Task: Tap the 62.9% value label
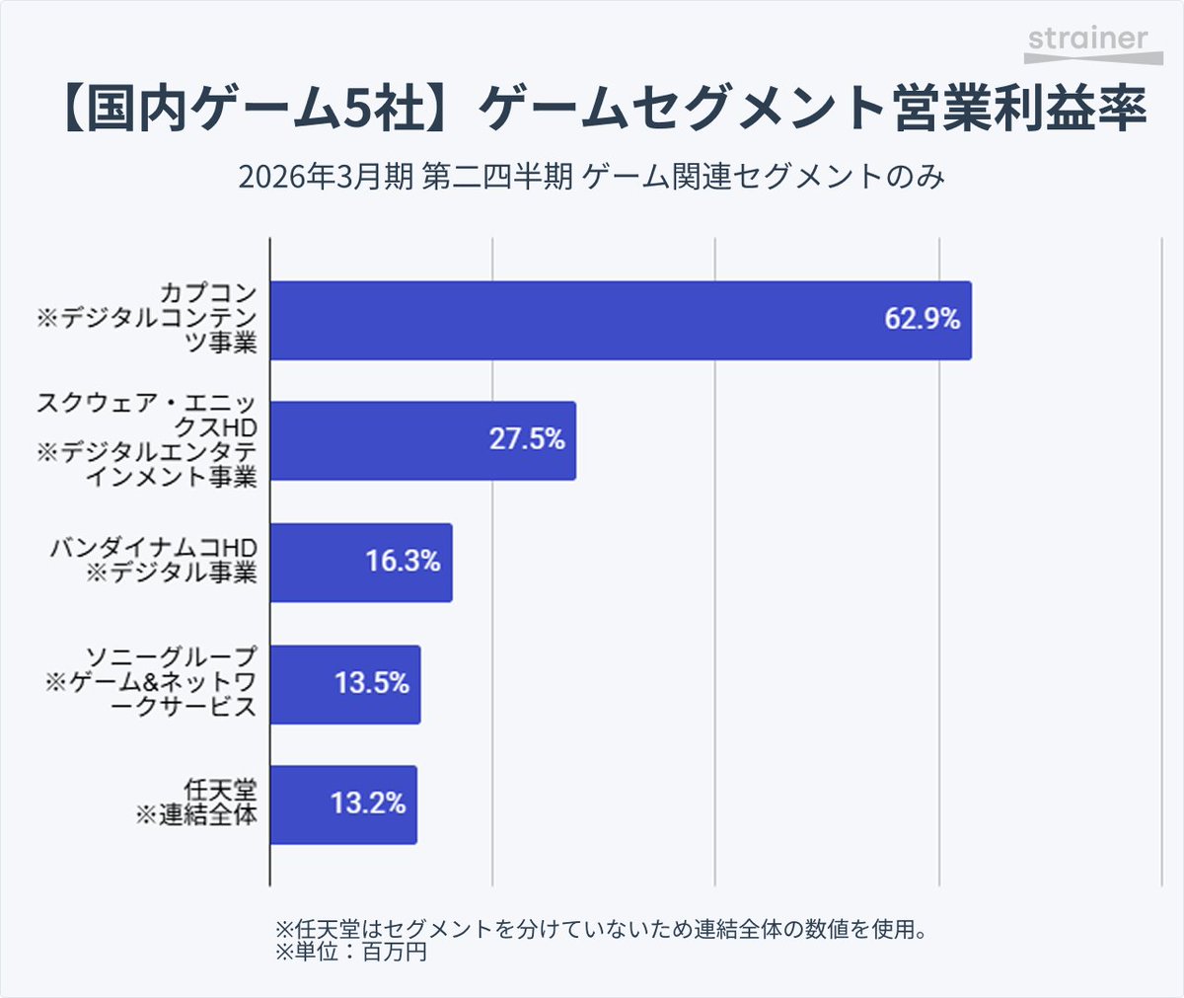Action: tap(922, 319)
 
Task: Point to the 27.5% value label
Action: tap(527, 439)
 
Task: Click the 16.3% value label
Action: tap(403, 562)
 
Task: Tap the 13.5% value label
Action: tap(371, 683)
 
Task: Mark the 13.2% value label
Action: tap(368, 804)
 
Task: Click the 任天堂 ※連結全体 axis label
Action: tap(197, 802)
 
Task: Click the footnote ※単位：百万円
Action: tap(350, 953)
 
